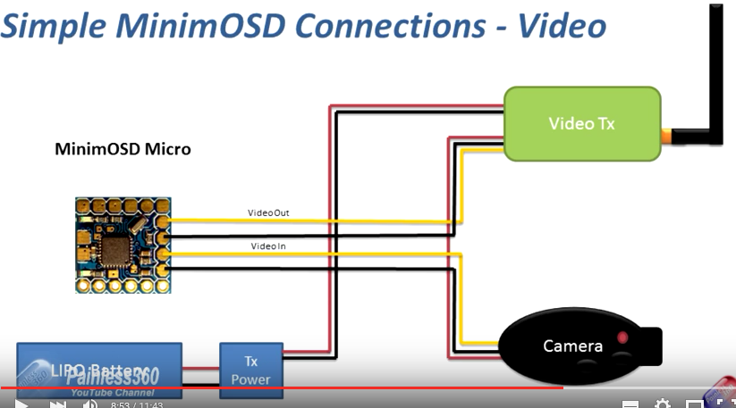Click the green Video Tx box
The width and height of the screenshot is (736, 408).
coord(582,124)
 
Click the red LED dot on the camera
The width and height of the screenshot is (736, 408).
coord(623,337)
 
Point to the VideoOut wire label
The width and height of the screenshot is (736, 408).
coord(268,212)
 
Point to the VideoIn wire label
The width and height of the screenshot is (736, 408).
coord(268,246)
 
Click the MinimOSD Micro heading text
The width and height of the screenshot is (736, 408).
coord(123,149)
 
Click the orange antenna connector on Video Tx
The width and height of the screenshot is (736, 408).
coord(667,137)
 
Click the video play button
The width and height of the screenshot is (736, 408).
coord(21,404)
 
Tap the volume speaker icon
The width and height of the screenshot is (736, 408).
coord(89,404)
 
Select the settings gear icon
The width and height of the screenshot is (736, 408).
coord(662,404)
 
